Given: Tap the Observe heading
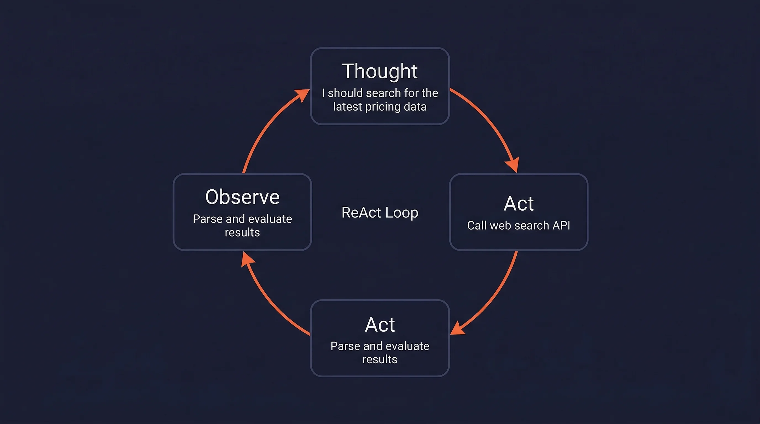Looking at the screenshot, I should [x=242, y=197].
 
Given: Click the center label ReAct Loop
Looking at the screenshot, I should [x=380, y=213].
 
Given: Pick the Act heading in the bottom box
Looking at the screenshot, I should [x=380, y=325].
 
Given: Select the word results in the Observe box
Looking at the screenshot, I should [x=242, y=233].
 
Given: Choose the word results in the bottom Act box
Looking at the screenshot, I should [x=380, y=359].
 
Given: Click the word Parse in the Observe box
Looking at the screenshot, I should [x=207, y=219].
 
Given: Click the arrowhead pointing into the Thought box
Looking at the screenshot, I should [x=303, y=94].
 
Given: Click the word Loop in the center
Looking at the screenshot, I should [x=402, y=213].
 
